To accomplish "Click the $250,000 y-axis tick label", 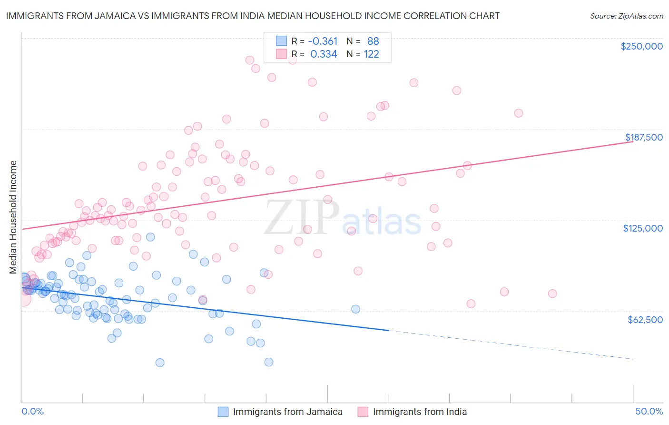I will click(x=641, y=46).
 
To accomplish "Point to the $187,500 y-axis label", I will click(x=643, y=137).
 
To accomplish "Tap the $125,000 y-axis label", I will click(x=643, y=228).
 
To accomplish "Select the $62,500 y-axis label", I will click(x=645, y=319).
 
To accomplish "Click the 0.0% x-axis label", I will click(x=32, y=411).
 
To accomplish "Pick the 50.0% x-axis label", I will click(x=649, y=411).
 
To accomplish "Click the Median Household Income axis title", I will click(x=13, y=217).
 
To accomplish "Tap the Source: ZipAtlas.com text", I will click(x=626, y=16).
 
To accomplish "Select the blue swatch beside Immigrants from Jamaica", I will click(x=223, y=412).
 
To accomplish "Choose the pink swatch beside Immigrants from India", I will click(x=363, y=412).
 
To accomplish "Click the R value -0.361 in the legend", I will click(x=323, y=41).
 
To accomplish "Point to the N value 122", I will click(x=371, y=54).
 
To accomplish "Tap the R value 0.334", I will click(x=324, y=54).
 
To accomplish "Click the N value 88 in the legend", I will click(x=373, y=41).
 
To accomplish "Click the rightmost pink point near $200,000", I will click(x=519, y=113).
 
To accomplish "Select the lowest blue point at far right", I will click(x=269, y=362).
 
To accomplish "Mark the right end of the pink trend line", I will click(x=633, y=142).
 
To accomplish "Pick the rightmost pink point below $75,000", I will click(x=552, y=293).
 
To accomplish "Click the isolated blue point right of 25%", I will click(x=355, y=309).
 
